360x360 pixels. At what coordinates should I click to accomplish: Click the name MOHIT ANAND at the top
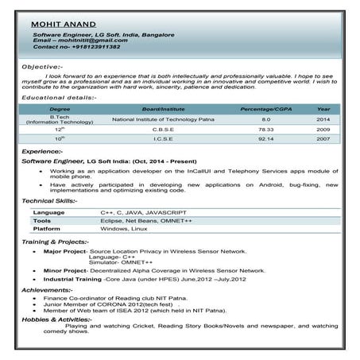click(x=63, y=25)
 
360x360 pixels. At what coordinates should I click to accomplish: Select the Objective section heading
click(x=42, y=68)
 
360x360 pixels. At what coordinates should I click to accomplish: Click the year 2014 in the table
click(x=323, y=118)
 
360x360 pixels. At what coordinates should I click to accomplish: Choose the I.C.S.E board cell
click(x=163, y=138)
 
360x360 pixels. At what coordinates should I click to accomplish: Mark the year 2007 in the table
click(x=323, y=138)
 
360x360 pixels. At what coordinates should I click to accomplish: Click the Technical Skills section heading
click(x=49, y=201)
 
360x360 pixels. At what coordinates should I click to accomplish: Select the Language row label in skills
click(x=49, y=213)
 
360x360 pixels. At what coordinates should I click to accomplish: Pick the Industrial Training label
click(x=72, y=280)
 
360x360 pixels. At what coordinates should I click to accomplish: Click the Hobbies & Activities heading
click(x=56, y=319)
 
